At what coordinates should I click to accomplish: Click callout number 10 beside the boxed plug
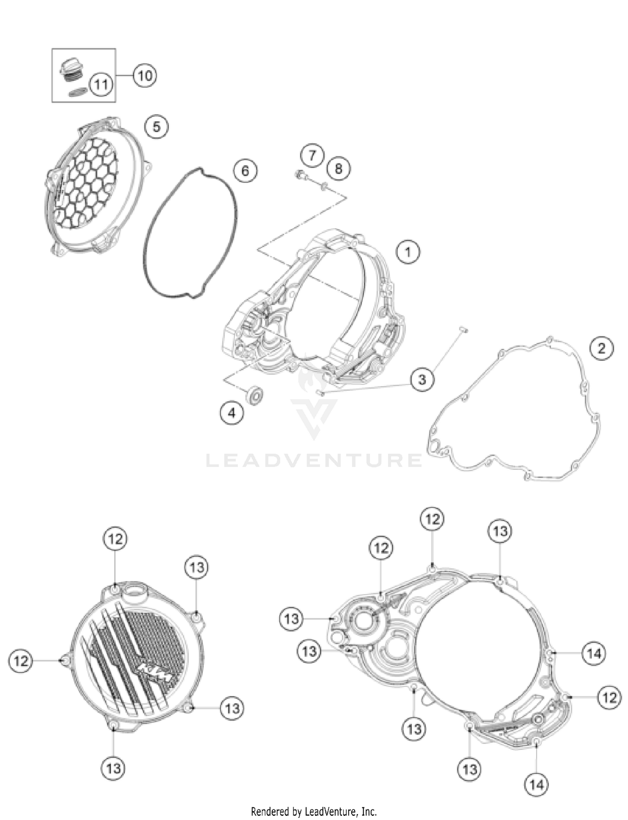tap(145, 76)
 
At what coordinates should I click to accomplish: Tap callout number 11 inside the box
tap(101, 85)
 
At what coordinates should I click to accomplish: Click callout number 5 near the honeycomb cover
tap(157, 127)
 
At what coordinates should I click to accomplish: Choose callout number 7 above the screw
tap(312, 156)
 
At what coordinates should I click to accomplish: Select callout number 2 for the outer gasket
tap(602, 348)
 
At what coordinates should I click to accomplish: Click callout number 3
tap(422, 379)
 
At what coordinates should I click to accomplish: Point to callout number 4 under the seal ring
tap(232, 413)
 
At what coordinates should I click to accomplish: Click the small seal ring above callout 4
tap(255, 395)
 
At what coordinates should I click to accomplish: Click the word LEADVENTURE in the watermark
tap(314, 460)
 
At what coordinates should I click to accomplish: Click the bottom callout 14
tap(537, 784)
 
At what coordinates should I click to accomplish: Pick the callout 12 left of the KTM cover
tap(21, 661)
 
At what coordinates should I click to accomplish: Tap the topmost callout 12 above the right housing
tap(432, 519)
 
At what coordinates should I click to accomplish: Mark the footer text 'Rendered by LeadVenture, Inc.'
tap(314, 812)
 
